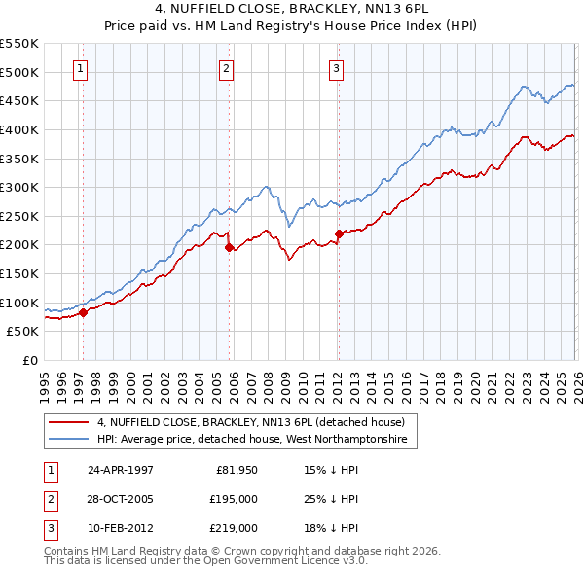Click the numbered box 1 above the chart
pos(80,68)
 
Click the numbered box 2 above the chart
pos(226,68)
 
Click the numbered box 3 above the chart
pos(335,68)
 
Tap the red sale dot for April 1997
pos(84,312)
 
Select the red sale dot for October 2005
pos(230,247)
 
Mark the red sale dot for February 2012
pos(339,233)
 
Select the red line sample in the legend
pos(69,422)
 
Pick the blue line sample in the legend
pos(69,440)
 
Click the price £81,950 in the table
pos(237,469)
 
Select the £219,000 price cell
pos(234,528)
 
